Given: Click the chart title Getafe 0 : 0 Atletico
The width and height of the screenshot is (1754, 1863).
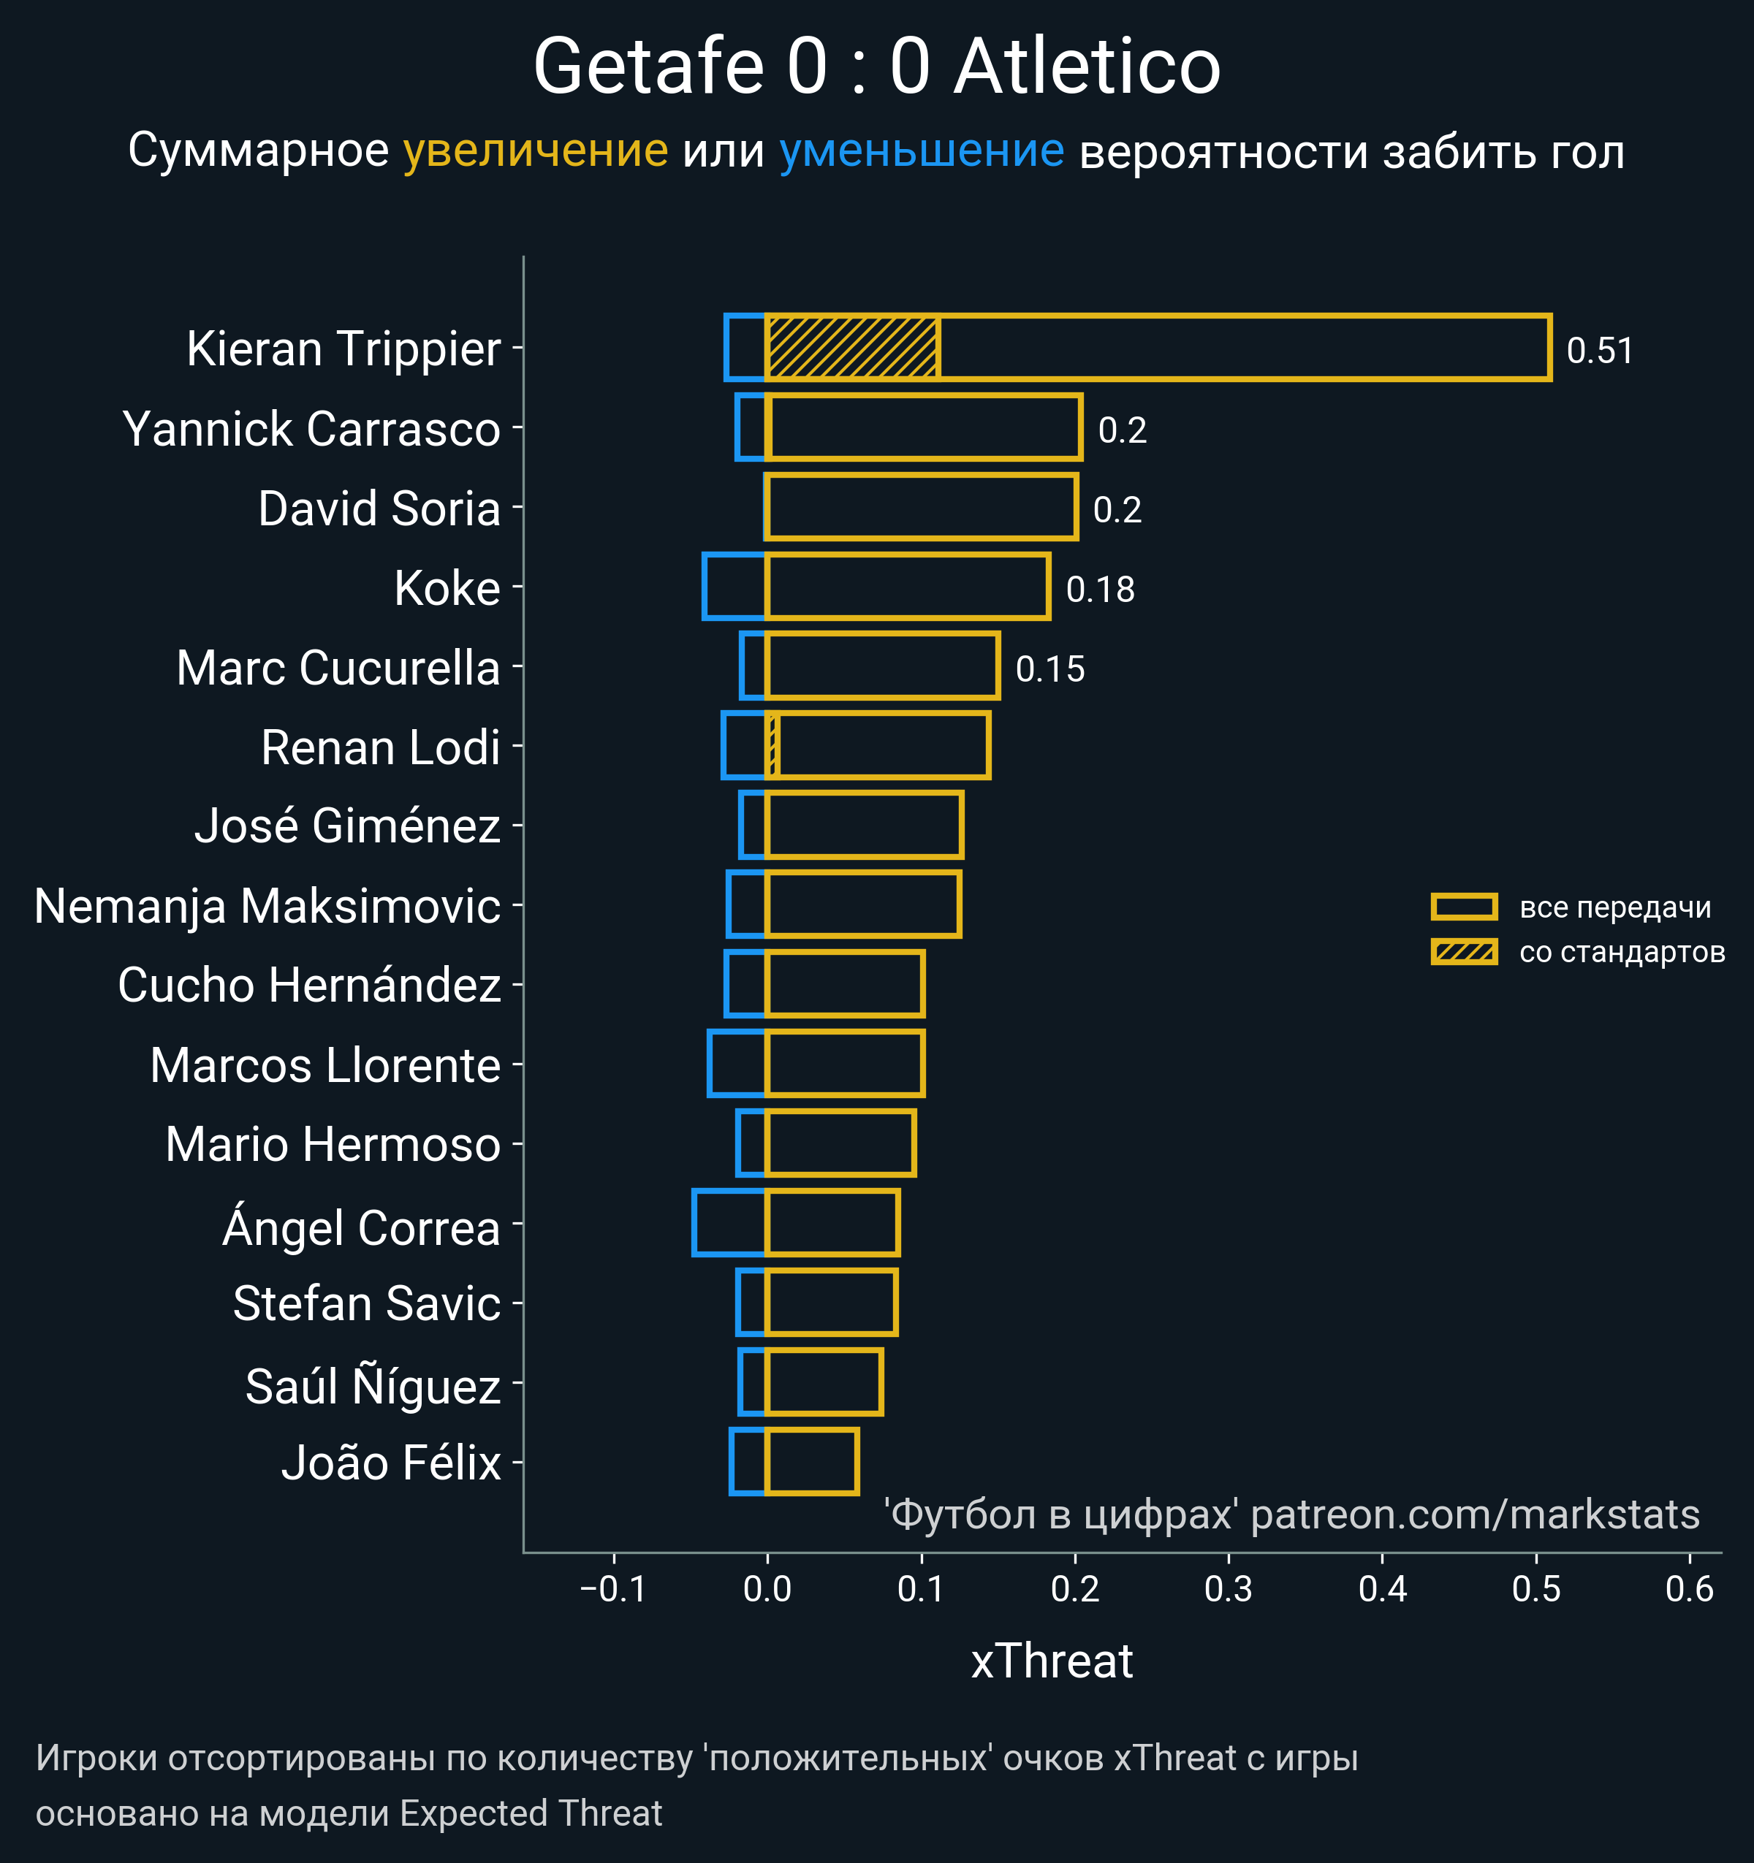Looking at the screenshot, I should [x=876, y=67].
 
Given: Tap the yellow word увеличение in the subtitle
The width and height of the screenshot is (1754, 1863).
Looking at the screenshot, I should [x=535, y=151].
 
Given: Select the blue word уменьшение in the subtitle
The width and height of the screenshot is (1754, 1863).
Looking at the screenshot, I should [x=922, y=151].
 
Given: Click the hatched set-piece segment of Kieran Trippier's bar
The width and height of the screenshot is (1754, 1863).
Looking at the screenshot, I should [x=852, y=348].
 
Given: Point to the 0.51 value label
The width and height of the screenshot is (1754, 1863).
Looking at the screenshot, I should [x=1599, y=351].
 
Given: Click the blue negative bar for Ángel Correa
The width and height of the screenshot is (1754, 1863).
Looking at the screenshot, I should [x=729, y=1222].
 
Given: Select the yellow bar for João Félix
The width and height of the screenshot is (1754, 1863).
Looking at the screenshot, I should [x=812, y=1461].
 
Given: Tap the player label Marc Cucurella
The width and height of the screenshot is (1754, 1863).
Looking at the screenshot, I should [x=338, y=668].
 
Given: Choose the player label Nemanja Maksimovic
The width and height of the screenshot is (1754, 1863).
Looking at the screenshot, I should [x=267, y=906].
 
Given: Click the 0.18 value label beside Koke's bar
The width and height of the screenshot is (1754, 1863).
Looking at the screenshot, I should [x=1100, y=590].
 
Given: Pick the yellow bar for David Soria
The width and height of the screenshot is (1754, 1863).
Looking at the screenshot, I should [x=922, y=507].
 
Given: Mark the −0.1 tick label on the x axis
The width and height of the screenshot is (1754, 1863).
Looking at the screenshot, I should [x=613, y=1589].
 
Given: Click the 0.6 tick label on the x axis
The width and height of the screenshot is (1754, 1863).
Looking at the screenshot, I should [x=1689, y=1589].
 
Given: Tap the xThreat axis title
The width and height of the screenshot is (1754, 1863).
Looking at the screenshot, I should [x=1052, y=1661].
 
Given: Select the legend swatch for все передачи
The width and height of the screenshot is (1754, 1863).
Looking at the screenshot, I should [x=1463, y=906].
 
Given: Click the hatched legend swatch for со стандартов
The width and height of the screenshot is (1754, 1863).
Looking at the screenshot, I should [x=1463, y=952].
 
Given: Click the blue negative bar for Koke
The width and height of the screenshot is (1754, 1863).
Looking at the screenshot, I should [x=734, y=587].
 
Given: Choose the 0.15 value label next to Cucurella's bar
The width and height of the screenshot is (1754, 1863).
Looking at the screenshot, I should [x=1050, y=669].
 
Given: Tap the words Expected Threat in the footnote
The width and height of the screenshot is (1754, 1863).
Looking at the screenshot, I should [x=531, y=1813].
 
